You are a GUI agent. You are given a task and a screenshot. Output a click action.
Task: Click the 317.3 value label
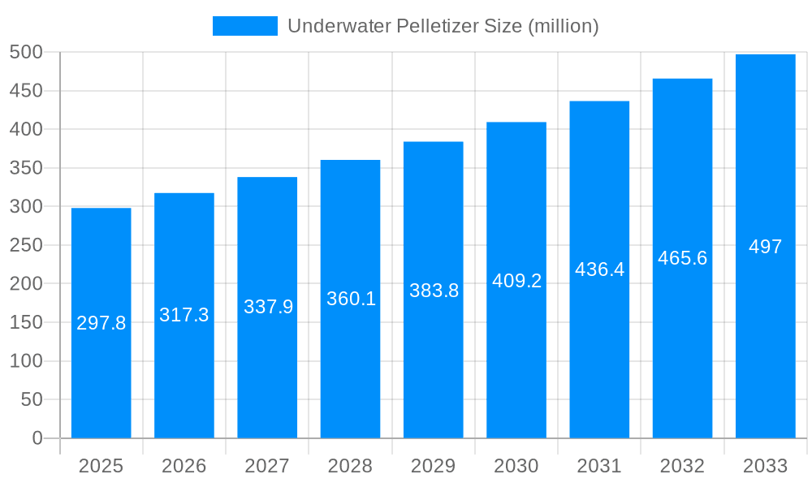pyautogui.click(x=184, y=315)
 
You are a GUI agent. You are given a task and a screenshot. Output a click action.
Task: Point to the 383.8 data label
pyautogui.click(x=434, y=291)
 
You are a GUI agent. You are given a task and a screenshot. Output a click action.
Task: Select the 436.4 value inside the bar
pyautogui.click(x=599, y=269)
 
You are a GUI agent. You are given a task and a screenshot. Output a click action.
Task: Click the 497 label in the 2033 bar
pyautogui.click(x=765, y=247)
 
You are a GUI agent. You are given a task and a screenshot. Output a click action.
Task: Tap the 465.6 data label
pyautogui.click(x=682, y=258)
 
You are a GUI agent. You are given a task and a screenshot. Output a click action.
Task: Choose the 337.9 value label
pyautogui.click(x=268, y=307)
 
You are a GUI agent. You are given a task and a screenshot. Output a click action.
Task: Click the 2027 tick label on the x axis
pyautogui.click(x=267, y=466)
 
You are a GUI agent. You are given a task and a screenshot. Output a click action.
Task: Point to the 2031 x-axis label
pyautogui.click(x=599, y=466)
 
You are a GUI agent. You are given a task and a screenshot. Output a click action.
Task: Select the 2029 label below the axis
pyautogui.click(x=433, y=466)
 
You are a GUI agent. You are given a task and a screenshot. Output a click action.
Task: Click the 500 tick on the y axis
pyautogui.click(x=26, y=52)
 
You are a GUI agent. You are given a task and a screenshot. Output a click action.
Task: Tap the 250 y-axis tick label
pyautogui.click(x=26, y=245)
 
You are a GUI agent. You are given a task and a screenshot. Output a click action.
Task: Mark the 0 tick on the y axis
pyautogui.click(x=37, y=438)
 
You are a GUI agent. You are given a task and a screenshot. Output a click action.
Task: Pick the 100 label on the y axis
pyautogui.click(x=26, y=361)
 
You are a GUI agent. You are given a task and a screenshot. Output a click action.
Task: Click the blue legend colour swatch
pyautogui.click(x=244, y=26)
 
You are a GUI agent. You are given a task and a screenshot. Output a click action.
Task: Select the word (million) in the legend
pyautogui.click(x=564, y=26)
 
